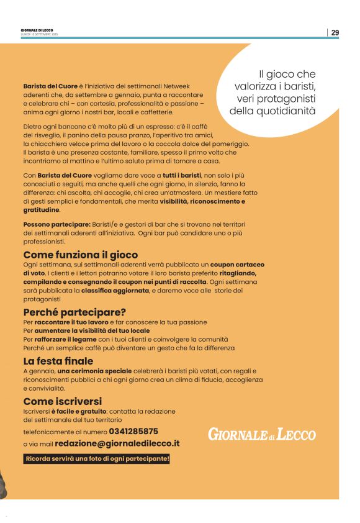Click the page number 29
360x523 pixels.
(x=335, y=32)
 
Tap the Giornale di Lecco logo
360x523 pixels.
(x=261, y=434)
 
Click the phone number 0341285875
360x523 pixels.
(x=133, y=431)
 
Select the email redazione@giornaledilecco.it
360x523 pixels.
(x=117, y=443)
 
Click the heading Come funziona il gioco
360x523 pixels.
(x=81, y=255)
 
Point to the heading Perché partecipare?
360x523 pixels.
(x=74, y=312)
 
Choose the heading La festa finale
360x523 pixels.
(x=58, y=360)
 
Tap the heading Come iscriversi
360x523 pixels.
(x=62, y=401)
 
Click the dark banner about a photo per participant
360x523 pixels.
(x=97, y=459)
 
